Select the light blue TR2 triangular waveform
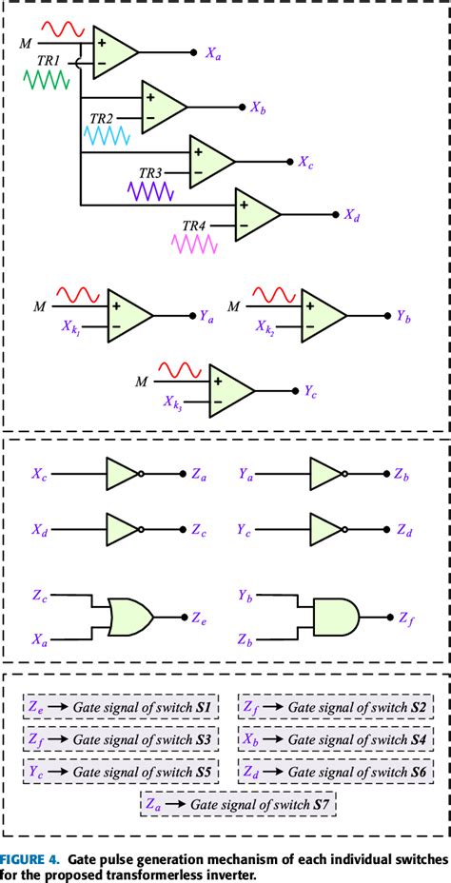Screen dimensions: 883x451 108,136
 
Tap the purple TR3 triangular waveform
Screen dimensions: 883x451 152,190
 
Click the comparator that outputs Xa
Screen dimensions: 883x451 115,51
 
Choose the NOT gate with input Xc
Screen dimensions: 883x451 124,473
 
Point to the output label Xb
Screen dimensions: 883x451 258,109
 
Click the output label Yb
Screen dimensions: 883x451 404,315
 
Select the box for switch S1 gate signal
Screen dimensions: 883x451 121,709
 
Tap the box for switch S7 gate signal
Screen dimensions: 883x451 237,804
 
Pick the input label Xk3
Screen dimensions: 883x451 172,403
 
